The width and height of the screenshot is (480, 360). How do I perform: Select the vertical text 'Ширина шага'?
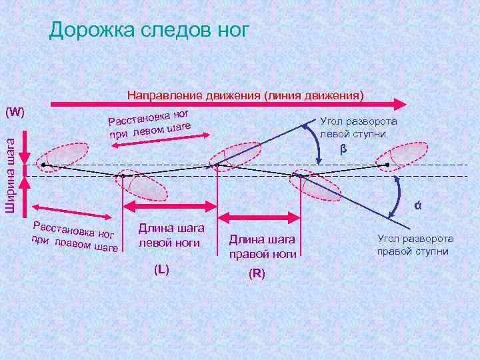pos(10,173)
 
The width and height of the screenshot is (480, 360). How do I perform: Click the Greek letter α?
pos(417,205)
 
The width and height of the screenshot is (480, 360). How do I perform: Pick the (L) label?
pos(161,269)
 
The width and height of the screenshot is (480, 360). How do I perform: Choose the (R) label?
pos(256,273)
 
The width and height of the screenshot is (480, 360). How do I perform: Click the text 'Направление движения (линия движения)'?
pos(245,95)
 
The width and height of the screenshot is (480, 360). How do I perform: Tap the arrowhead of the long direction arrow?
pos(400,104)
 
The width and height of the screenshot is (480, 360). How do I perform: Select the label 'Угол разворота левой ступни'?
pos(359,127)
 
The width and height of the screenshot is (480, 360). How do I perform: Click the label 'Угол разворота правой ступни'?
pos(415,245)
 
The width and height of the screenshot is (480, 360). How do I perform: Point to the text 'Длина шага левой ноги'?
pos(169,235)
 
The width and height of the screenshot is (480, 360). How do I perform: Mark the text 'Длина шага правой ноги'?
pos(262,246)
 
